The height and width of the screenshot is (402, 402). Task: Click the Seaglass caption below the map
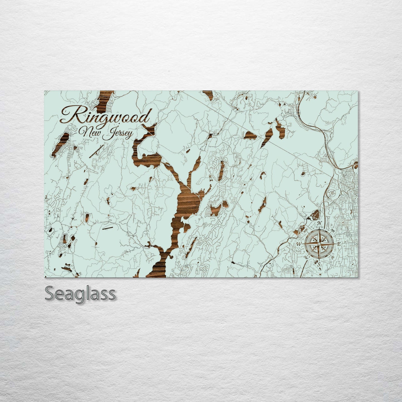[80, 293]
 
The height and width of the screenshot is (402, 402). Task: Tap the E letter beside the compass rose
[339, 244]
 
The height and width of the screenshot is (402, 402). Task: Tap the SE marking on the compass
[333, 257]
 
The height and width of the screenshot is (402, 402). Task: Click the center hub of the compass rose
[319, 244]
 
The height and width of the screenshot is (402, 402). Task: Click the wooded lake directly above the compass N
[315, 214]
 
